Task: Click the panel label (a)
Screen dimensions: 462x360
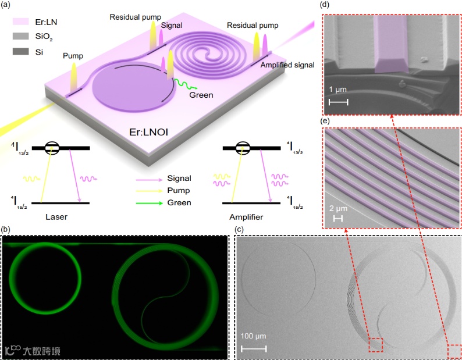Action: click(8, 8)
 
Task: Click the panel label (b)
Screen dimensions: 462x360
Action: click(7, 230)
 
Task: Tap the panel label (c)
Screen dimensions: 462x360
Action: click(239, 230)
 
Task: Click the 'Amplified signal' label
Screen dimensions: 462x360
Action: click(287, 65)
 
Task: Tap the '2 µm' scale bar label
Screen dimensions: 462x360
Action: click(339, 208)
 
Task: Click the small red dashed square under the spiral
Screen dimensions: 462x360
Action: click(375, 344)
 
